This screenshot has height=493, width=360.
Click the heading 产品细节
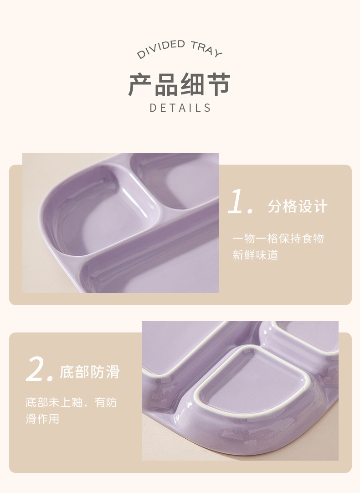pyautogui.click(x=180, y=84)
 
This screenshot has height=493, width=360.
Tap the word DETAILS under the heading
pyautogui.click(x=180, y=108)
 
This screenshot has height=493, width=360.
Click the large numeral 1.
pyautogui.click(x=239, y=202)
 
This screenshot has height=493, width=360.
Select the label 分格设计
pyautogui.click(x=298, y=207)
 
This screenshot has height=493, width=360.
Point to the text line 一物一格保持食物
pyautogui.click(x=278, y=239)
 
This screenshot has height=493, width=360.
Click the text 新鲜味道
pyautogui.click(x=255, y=255)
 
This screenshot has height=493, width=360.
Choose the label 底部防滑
pyautogui.click(x=90, y=372)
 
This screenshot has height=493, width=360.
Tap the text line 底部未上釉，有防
pyautogui.click(x=71, y=403)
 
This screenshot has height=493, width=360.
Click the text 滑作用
pyautogui.click(x=42, y=419)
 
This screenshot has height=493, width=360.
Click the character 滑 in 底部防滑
pyautogui.click(x=112, y=372)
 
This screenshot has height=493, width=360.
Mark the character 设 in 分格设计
pyautogui.click(x=305, y=207)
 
